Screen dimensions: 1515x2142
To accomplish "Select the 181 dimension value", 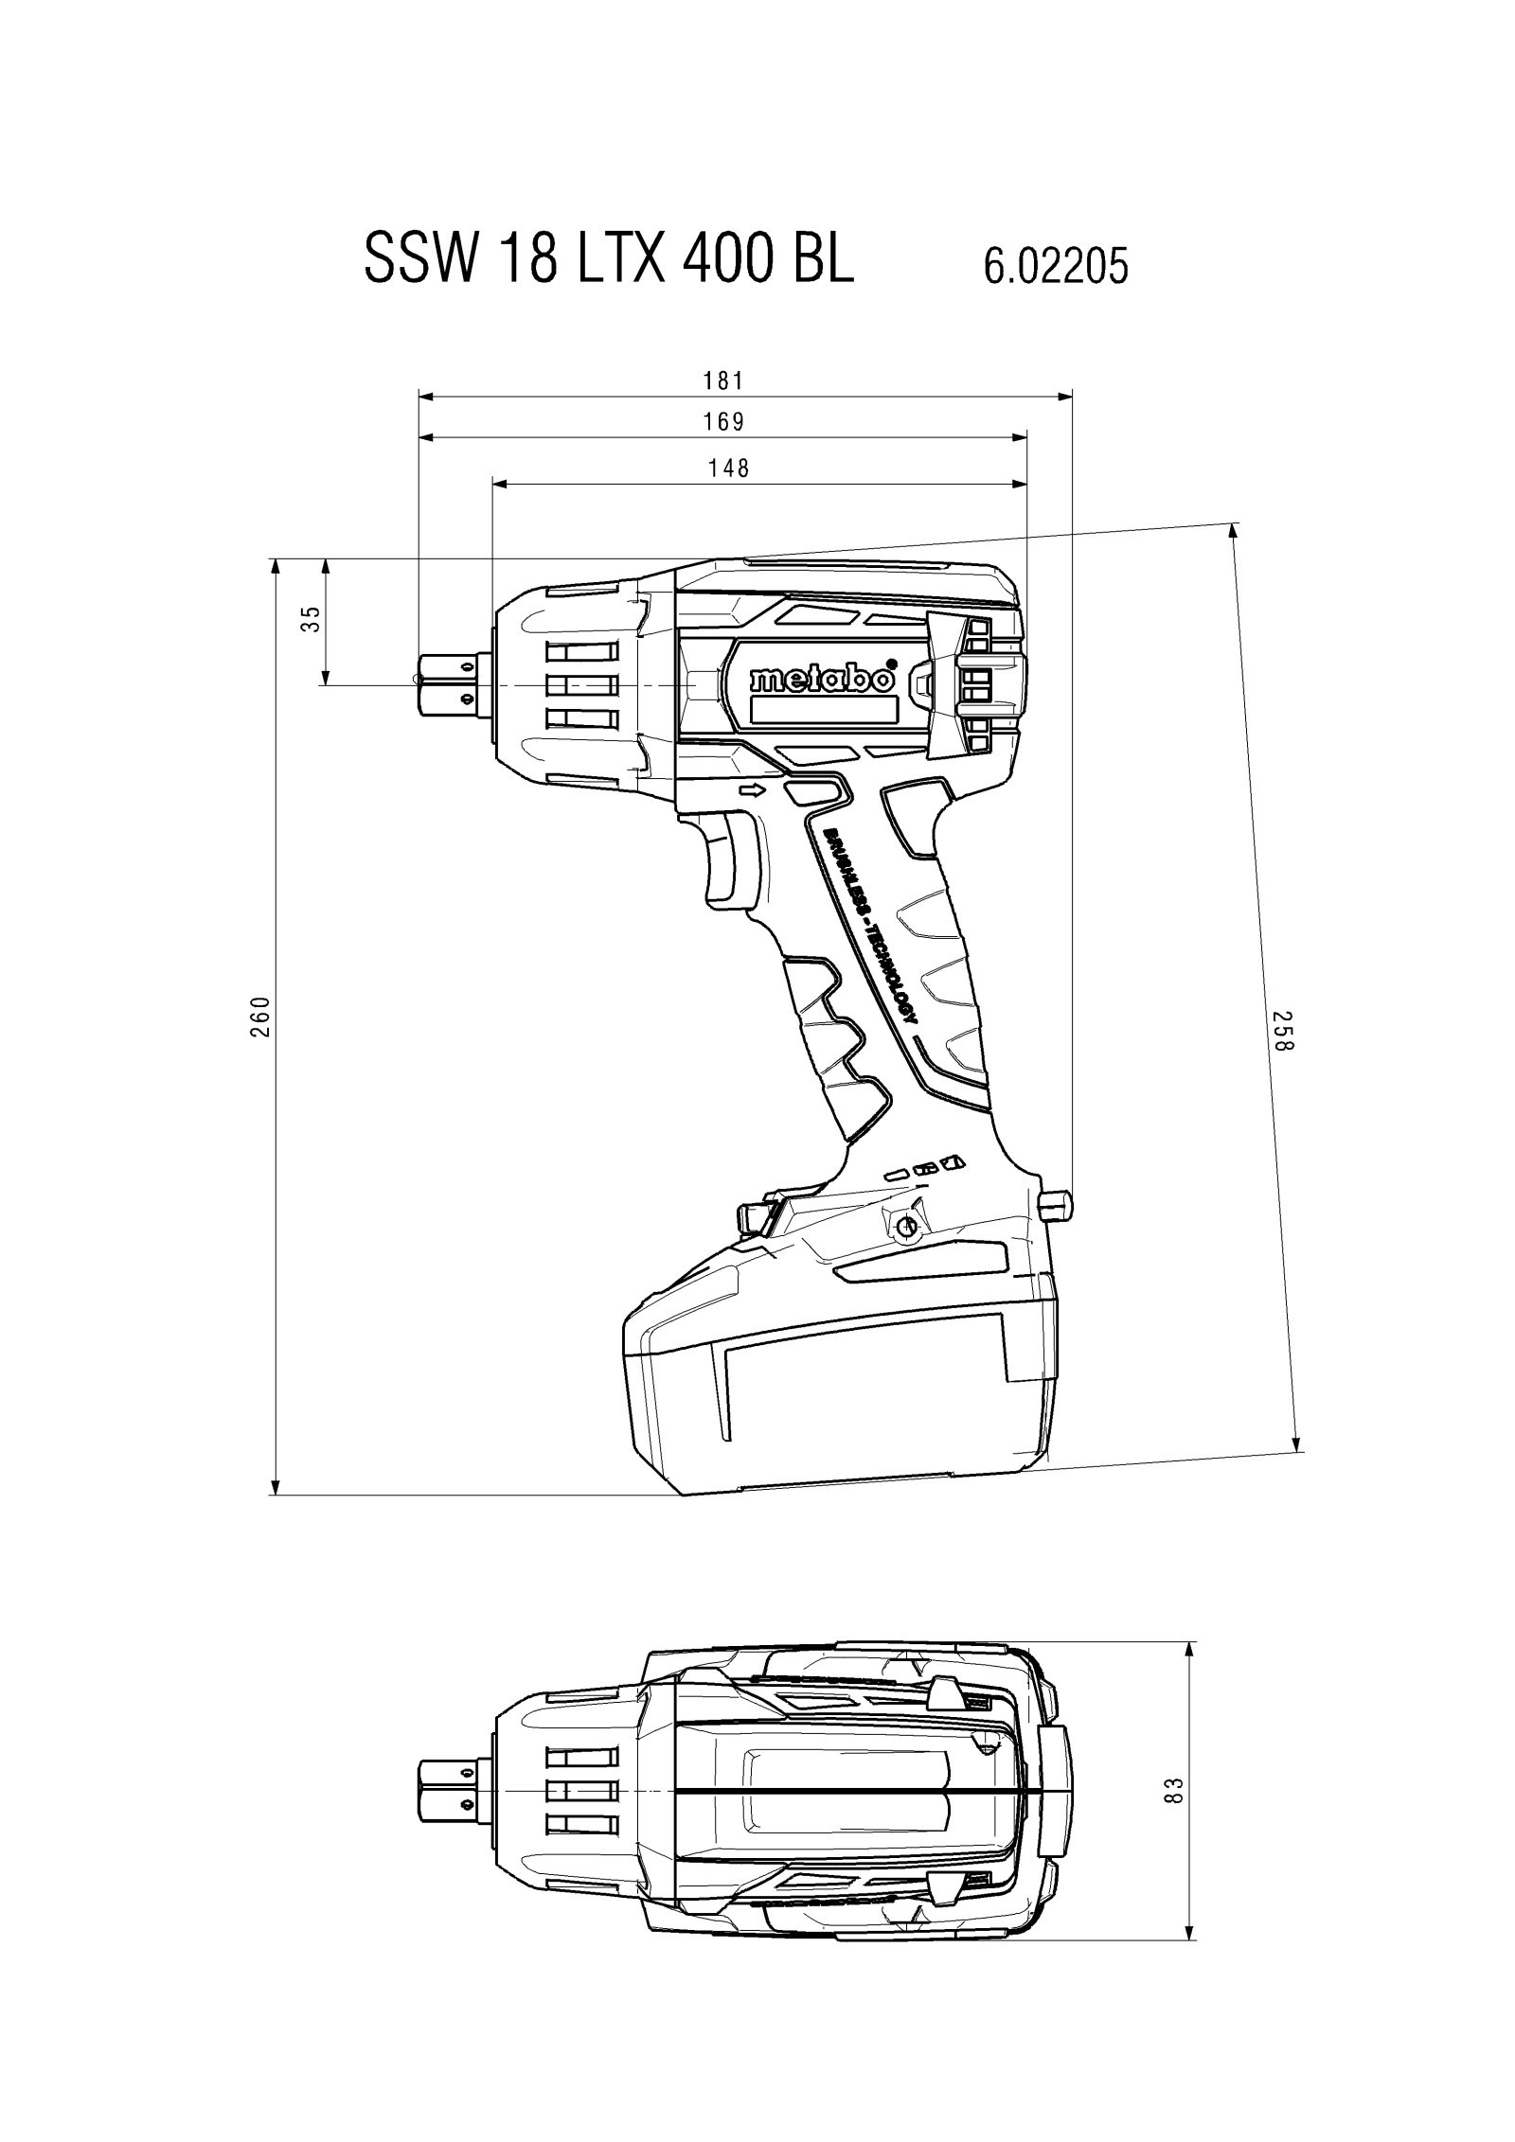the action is (723, 381).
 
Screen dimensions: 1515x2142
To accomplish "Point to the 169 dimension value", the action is (723, 422).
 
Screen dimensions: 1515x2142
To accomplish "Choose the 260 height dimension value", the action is (262, 1016).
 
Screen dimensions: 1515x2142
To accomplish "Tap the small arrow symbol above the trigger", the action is (754, 791).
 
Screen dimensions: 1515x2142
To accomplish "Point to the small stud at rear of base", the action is (1058, 1203).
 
